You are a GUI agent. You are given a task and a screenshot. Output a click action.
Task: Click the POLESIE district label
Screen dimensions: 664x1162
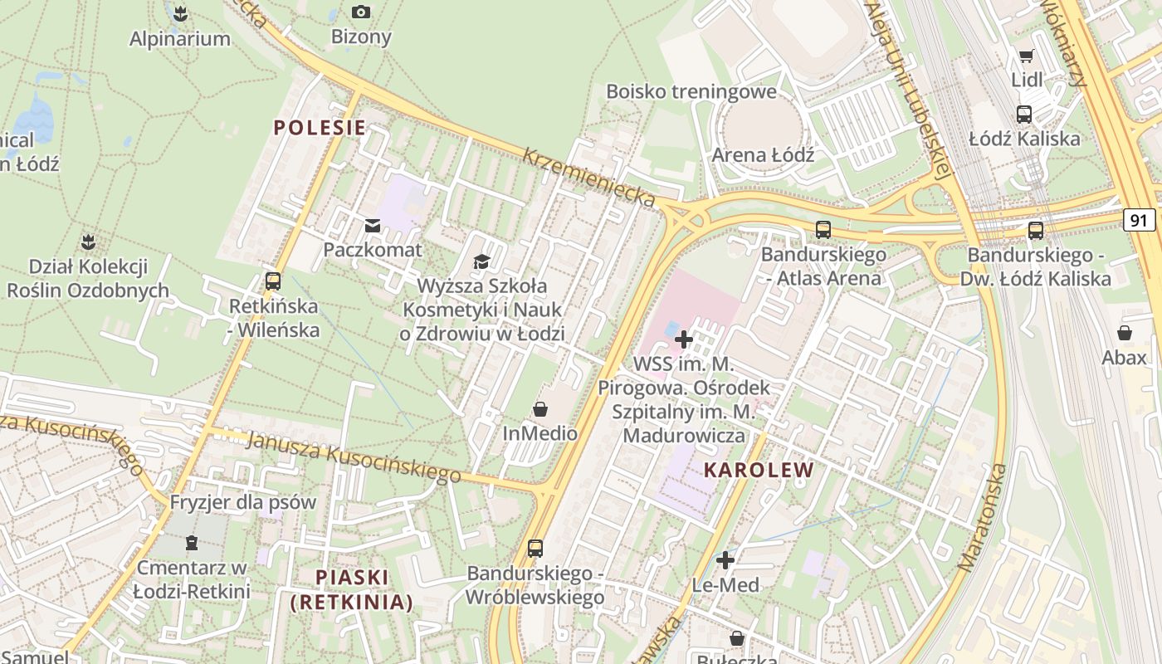click(x=320, y=128)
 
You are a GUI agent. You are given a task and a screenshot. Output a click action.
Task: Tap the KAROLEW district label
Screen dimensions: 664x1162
click(x=759, y=471)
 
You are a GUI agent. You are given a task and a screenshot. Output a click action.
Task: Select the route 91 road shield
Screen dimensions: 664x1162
click(x=1140, y=220)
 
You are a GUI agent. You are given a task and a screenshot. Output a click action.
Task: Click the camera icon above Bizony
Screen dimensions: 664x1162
click(x=361, y=12)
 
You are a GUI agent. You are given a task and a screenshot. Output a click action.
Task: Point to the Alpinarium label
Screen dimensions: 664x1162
click(x=180, y=38)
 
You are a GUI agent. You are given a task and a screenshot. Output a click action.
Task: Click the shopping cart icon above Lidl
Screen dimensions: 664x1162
click(x=1027, y=56)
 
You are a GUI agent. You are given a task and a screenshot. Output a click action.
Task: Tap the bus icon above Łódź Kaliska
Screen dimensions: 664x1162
click(x=1024, y=115)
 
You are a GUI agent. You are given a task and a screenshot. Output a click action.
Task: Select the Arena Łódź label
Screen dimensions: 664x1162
click(x=763, y=155)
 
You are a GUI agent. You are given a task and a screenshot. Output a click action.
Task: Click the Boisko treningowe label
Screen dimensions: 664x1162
click(x=691, y=91)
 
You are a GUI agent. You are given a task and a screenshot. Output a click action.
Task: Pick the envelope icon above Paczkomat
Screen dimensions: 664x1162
click(x=372, y=226)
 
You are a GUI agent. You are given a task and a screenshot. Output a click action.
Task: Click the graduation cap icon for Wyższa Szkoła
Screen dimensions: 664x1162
click(x=482, y=262)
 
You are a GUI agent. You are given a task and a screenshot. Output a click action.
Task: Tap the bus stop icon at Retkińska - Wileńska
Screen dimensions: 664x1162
click(x=273, y=281)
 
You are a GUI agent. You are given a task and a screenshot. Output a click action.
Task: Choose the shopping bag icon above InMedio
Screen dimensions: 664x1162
click(x=540, y=409)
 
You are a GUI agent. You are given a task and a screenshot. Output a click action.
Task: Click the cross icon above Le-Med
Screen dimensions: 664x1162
click(x=725, y=560)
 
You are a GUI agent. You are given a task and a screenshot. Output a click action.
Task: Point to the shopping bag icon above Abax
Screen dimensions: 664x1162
click(x=1125, y=333)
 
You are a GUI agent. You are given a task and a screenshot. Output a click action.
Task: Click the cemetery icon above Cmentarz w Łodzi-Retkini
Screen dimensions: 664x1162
click(x=192, y=544)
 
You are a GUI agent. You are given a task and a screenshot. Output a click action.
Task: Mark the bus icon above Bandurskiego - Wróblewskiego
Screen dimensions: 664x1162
click(x=535, y=549)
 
